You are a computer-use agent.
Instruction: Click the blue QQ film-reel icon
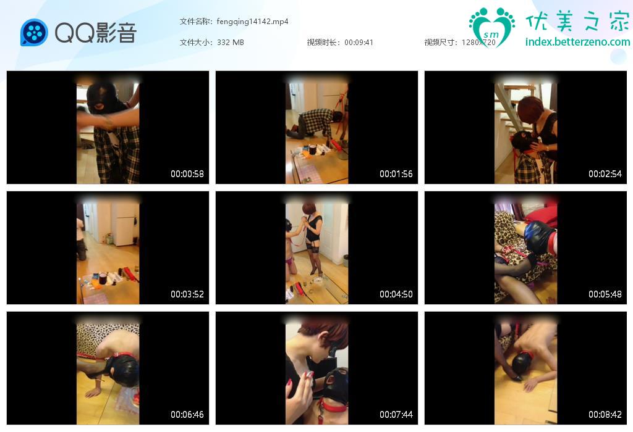pyautogui.click(x=34, y=32)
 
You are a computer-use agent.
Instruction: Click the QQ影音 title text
pyautogui.click(x=96, y=33)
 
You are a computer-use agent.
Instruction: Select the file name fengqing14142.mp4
pyautogui.click(x=252, y=22)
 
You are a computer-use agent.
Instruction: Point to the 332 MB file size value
pyautogui.click(x=231, y=43)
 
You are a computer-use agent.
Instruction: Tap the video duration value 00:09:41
pyautogui.click(x=359, y=43)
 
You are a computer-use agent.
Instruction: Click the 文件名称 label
pyautogui.click(x=195, y=22)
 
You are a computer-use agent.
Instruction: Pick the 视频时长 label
pyautogui.click(x=321, y=43)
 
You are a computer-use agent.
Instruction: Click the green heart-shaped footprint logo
pyautogui.click(x=491, y=27)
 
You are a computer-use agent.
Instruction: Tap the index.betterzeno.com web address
pyautogui.click(x=578, y=41)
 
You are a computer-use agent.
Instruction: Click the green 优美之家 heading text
pyautogui.click(x=577, y=21)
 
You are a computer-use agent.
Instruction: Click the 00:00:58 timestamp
pyautogui.click(x=187, y=173)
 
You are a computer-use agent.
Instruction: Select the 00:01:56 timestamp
pyautogui.click(x=396, y=173)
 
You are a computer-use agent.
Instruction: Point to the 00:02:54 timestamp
pyautogui.click(x=605, y=173)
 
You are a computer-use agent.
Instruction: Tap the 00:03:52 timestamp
pyautogui.click(x=187, y=294)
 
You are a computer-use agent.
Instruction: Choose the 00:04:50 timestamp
pyautogui.click(x=396, y=294)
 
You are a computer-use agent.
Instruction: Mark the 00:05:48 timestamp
pyautogui.click(x=605, y=294)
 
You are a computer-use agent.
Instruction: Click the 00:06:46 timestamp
pyautogui.click(x=187, y=414)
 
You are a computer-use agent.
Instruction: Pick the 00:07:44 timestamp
pyautogui.click(x=396, y=414)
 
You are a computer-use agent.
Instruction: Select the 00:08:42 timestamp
pyautogui.click(x=605, y=414)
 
